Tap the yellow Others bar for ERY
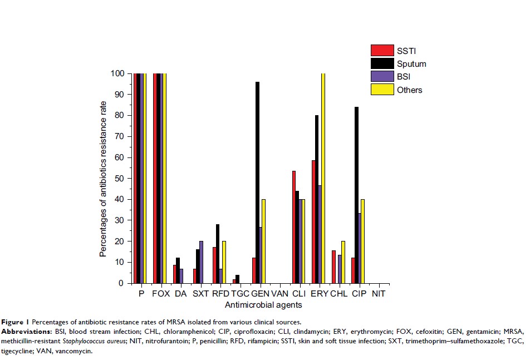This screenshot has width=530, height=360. pos(323,178)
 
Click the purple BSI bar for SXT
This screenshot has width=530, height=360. pos(201,262)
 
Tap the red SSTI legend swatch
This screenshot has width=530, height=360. pos(382,51)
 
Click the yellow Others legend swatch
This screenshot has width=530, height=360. pos(382,89)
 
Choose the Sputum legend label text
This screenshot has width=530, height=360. pos(412,64)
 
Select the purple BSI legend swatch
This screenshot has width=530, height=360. pos(382,76)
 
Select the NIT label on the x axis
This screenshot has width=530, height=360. pos(379,293)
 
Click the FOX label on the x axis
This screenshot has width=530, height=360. pos(160,293)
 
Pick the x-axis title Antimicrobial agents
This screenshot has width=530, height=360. pos(263,305)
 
